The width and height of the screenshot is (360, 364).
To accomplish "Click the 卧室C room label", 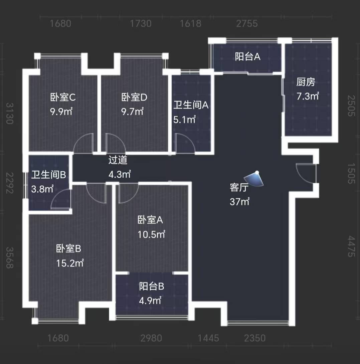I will [63, 98].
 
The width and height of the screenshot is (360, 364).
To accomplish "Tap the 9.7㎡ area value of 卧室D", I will [132, 111].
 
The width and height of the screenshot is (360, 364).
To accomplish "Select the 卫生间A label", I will [191, 106].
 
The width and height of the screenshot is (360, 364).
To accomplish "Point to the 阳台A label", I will [247, 57].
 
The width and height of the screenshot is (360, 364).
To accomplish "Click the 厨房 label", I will [306, 82].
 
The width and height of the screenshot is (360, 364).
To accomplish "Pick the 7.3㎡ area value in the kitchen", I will [308, 97].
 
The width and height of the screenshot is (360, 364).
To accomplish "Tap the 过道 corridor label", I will [118, 160].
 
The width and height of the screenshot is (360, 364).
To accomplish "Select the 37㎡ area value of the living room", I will [239, 202].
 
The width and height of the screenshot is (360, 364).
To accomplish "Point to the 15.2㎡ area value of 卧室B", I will [70, 263].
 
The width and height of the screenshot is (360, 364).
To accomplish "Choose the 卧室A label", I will [150, 220].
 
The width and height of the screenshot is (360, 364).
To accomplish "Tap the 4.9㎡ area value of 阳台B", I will [150, 300].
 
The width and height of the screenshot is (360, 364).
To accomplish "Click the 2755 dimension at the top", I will [247, 24].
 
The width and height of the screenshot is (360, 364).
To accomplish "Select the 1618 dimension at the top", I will [191, 24].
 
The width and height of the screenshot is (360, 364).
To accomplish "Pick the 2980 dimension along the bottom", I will [151, 338].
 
